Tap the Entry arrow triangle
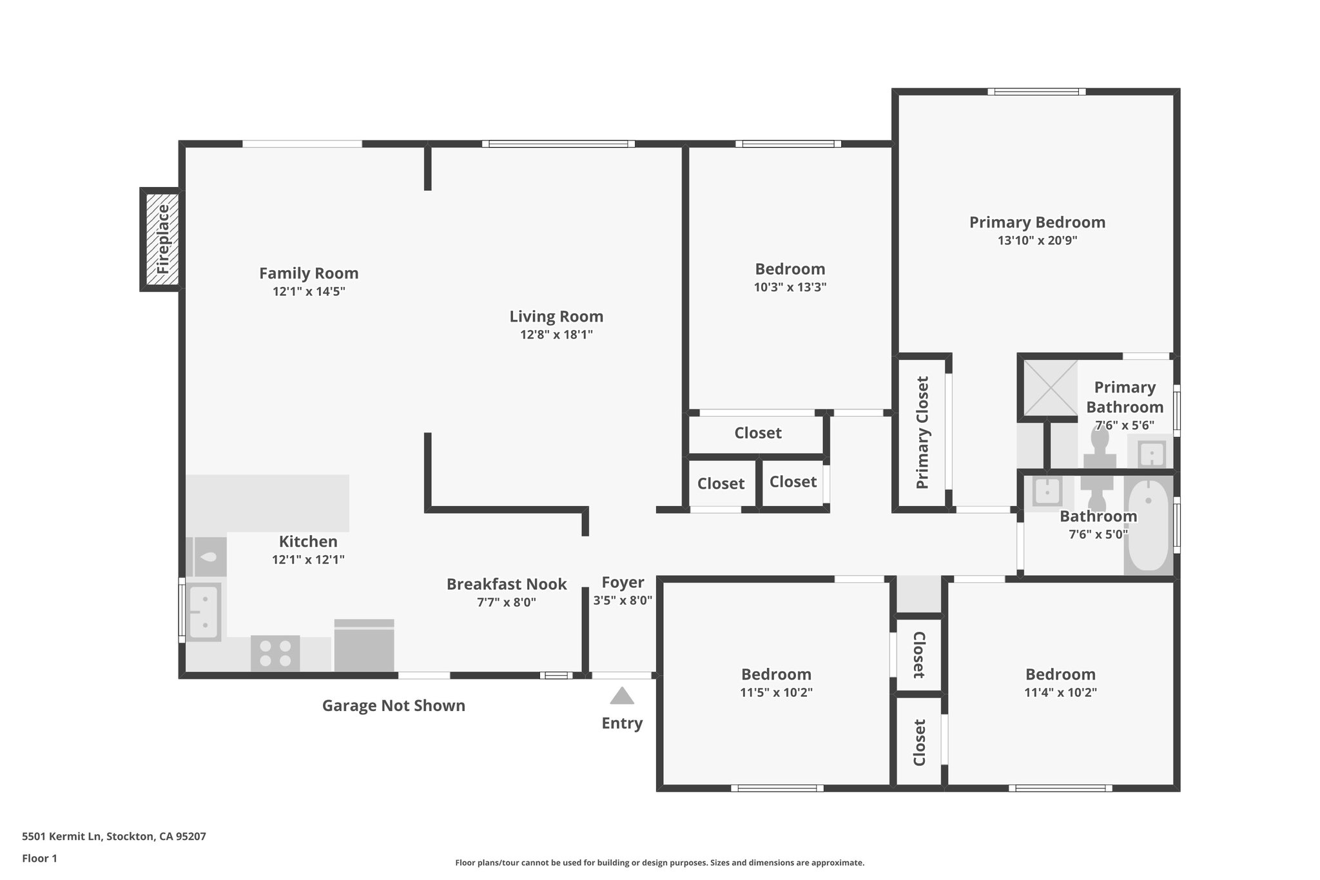(x=622, y=696)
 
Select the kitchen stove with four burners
(x=275, y=652)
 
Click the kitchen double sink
(x=204, y=611)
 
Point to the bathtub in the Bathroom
(x=1149, y=524)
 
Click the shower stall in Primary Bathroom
(x=1051, y=387)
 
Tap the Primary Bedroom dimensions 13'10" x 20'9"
(x=1037, y=240)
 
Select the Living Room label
(x=556, y=317)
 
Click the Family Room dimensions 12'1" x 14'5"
(x=309, y=291)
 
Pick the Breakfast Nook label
(x=507, y=584)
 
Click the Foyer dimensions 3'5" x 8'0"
(x=623, y=600)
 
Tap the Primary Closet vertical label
(x=922, y=433)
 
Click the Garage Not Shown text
(x=393, y=706)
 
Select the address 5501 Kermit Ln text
(x=114, y=837)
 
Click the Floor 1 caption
(x=40, y=858)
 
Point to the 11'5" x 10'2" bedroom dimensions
(x=776, y=692)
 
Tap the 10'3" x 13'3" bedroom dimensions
(x=790, y=288)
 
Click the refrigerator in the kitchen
(x=364, y=645)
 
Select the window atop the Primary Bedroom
(x=1036, y=92)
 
